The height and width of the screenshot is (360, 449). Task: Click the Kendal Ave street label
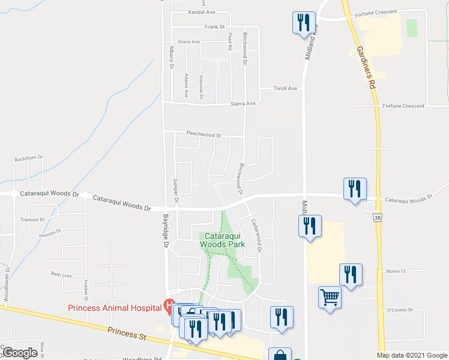[201, 12]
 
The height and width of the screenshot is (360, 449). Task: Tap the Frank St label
[214, 27]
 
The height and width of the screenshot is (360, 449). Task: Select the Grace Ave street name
[188, 42]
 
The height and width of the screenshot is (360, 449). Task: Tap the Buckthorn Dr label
[29, 158]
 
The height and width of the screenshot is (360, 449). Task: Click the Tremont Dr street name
[32, 220]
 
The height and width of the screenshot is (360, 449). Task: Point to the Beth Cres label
[61, 274]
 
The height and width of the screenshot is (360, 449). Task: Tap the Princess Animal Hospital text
[114, 308]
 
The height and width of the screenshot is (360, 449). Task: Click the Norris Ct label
[396, 271]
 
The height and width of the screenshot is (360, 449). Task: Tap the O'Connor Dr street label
[397, 310]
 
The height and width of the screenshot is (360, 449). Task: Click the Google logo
[20, 353]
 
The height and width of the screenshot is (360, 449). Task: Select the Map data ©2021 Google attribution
[411, 355]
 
